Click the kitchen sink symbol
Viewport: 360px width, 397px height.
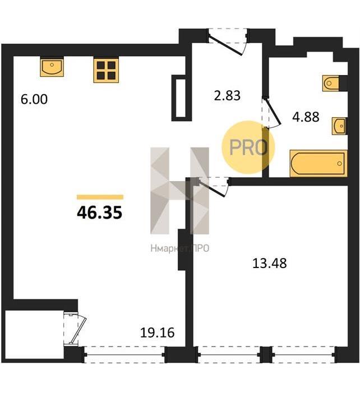click(52, 67)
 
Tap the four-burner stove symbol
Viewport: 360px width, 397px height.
click(106, 71)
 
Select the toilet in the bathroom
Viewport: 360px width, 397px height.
click(331, 83)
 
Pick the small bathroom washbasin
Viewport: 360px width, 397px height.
click(339, 126)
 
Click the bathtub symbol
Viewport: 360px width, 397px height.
click(319, 163)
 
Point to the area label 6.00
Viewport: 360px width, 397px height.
click(34, 99)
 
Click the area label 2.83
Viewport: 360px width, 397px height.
click(227, 96)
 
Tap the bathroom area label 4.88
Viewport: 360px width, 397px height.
click(306, 117)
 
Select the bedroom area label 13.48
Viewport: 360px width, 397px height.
click(270, 263)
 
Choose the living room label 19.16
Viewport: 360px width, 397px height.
click(157, 333)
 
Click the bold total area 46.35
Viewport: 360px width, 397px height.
click(99, 213)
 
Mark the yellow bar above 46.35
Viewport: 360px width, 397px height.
click(100, 197)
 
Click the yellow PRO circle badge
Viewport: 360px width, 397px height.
click(248, 147)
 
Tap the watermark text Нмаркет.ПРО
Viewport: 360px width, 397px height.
click(180, 248)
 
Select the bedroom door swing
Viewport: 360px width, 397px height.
click(213, 187)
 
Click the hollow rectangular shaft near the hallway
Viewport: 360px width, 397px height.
click(182, 98)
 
